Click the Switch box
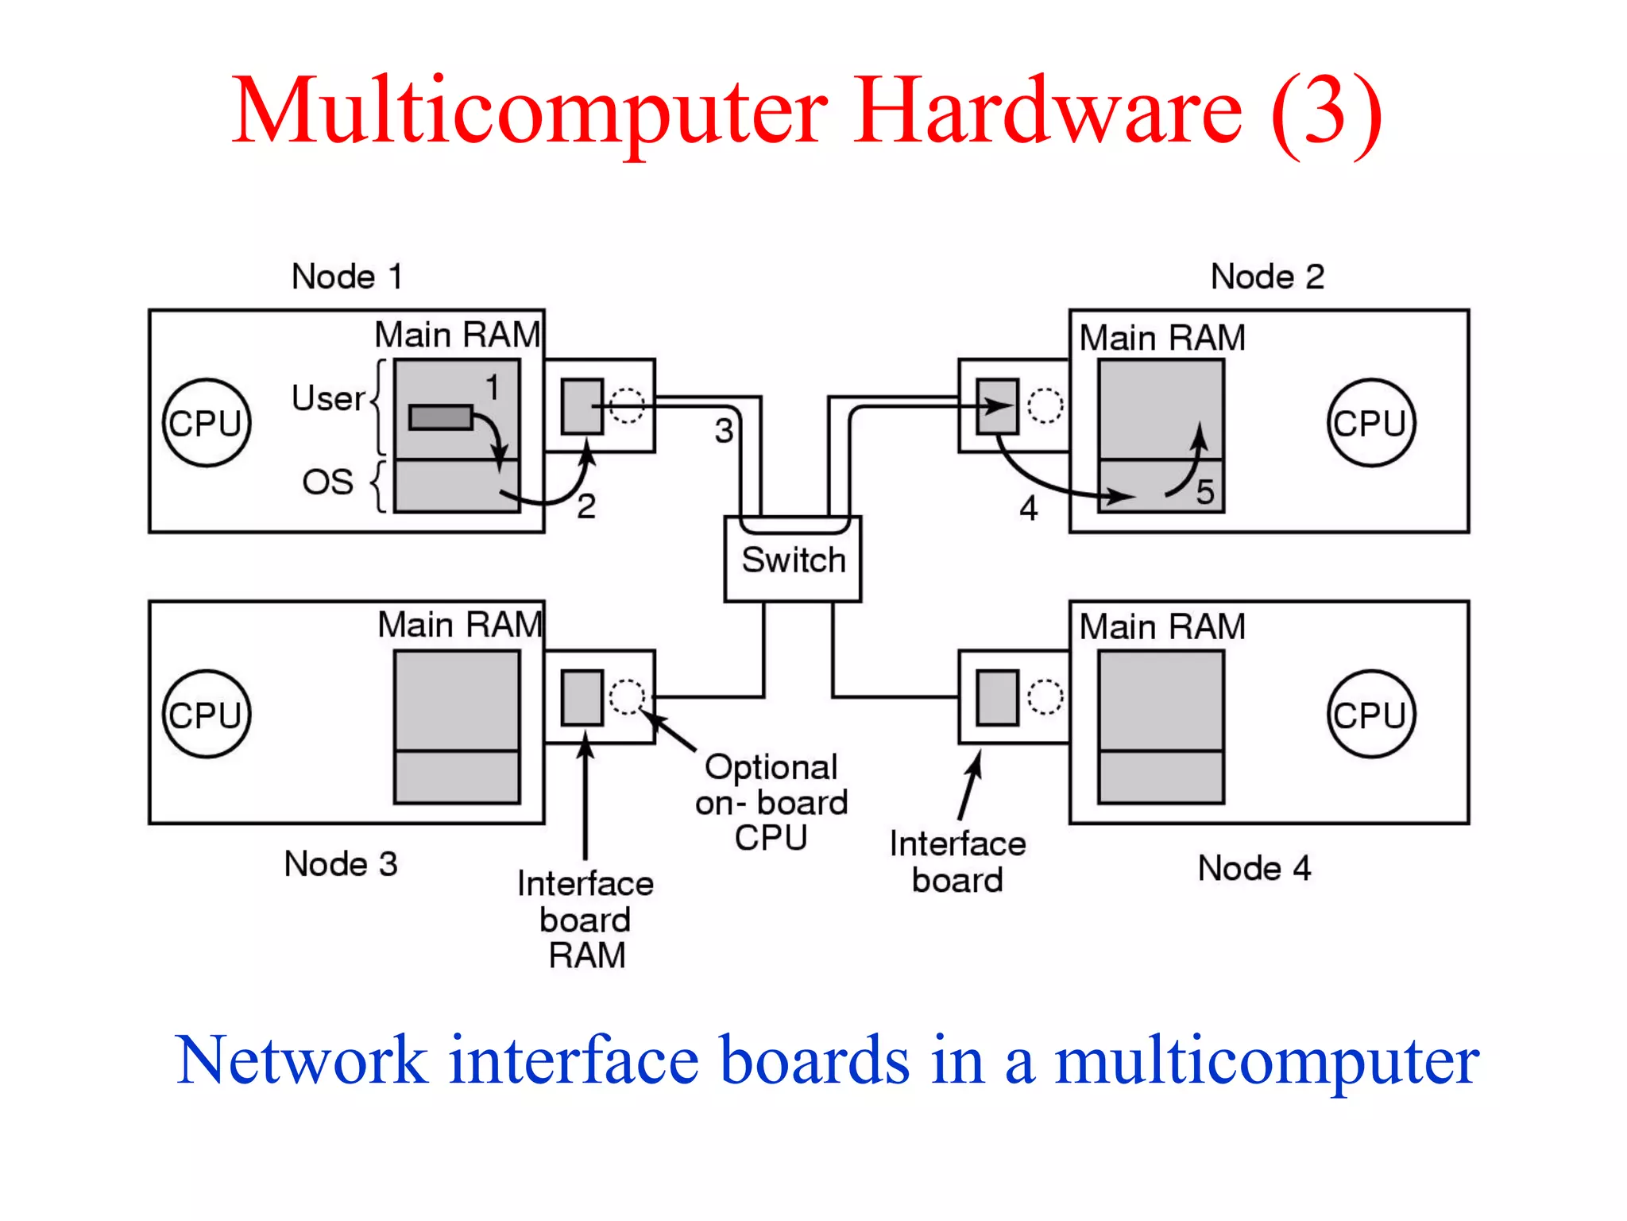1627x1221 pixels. (792, 560)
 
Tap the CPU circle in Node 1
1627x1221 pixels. (207, 422)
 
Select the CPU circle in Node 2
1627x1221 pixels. (1370, 422)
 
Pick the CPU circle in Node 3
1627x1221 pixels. (207, 714)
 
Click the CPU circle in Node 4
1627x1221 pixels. (1370, 714)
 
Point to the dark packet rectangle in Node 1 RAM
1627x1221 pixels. (441, 417)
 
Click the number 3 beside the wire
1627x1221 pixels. (723, 431)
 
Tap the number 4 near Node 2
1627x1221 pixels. (1028, 508)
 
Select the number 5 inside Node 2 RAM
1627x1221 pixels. (1204, 492)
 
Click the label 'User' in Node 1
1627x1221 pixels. (327, 398)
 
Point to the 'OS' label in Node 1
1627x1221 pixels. (327, 482)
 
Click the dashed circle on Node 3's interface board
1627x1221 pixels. (627, 696)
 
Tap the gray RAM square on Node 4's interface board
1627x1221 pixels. (997, 697)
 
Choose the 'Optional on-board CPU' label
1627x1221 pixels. (771, 802)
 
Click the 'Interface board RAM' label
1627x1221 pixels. (585, 919)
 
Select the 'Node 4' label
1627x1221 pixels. (1254, 868)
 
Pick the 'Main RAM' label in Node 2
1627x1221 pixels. (1161, 338)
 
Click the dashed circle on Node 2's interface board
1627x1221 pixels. (1045, 405)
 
